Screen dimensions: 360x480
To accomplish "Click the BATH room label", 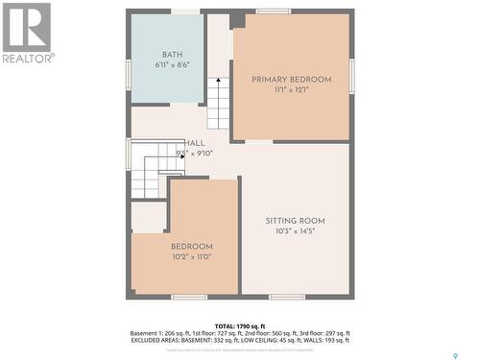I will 173,55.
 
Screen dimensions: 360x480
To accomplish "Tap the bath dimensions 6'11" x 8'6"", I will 173,66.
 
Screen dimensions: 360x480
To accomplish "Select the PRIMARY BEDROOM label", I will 291,79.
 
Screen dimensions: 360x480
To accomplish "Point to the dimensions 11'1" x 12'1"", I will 291,90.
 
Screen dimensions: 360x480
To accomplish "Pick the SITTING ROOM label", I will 295,221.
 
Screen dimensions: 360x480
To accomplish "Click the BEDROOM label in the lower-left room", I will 191,247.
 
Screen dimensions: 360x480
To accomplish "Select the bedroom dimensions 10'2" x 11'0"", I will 191,257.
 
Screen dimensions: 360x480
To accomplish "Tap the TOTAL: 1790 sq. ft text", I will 240,325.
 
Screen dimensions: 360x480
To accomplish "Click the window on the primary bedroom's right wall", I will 352,76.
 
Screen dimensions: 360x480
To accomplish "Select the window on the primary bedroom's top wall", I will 274,12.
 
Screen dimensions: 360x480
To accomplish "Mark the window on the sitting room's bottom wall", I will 287,297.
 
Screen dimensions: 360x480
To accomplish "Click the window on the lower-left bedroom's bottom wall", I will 189,297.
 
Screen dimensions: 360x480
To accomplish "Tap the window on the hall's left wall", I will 128,154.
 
